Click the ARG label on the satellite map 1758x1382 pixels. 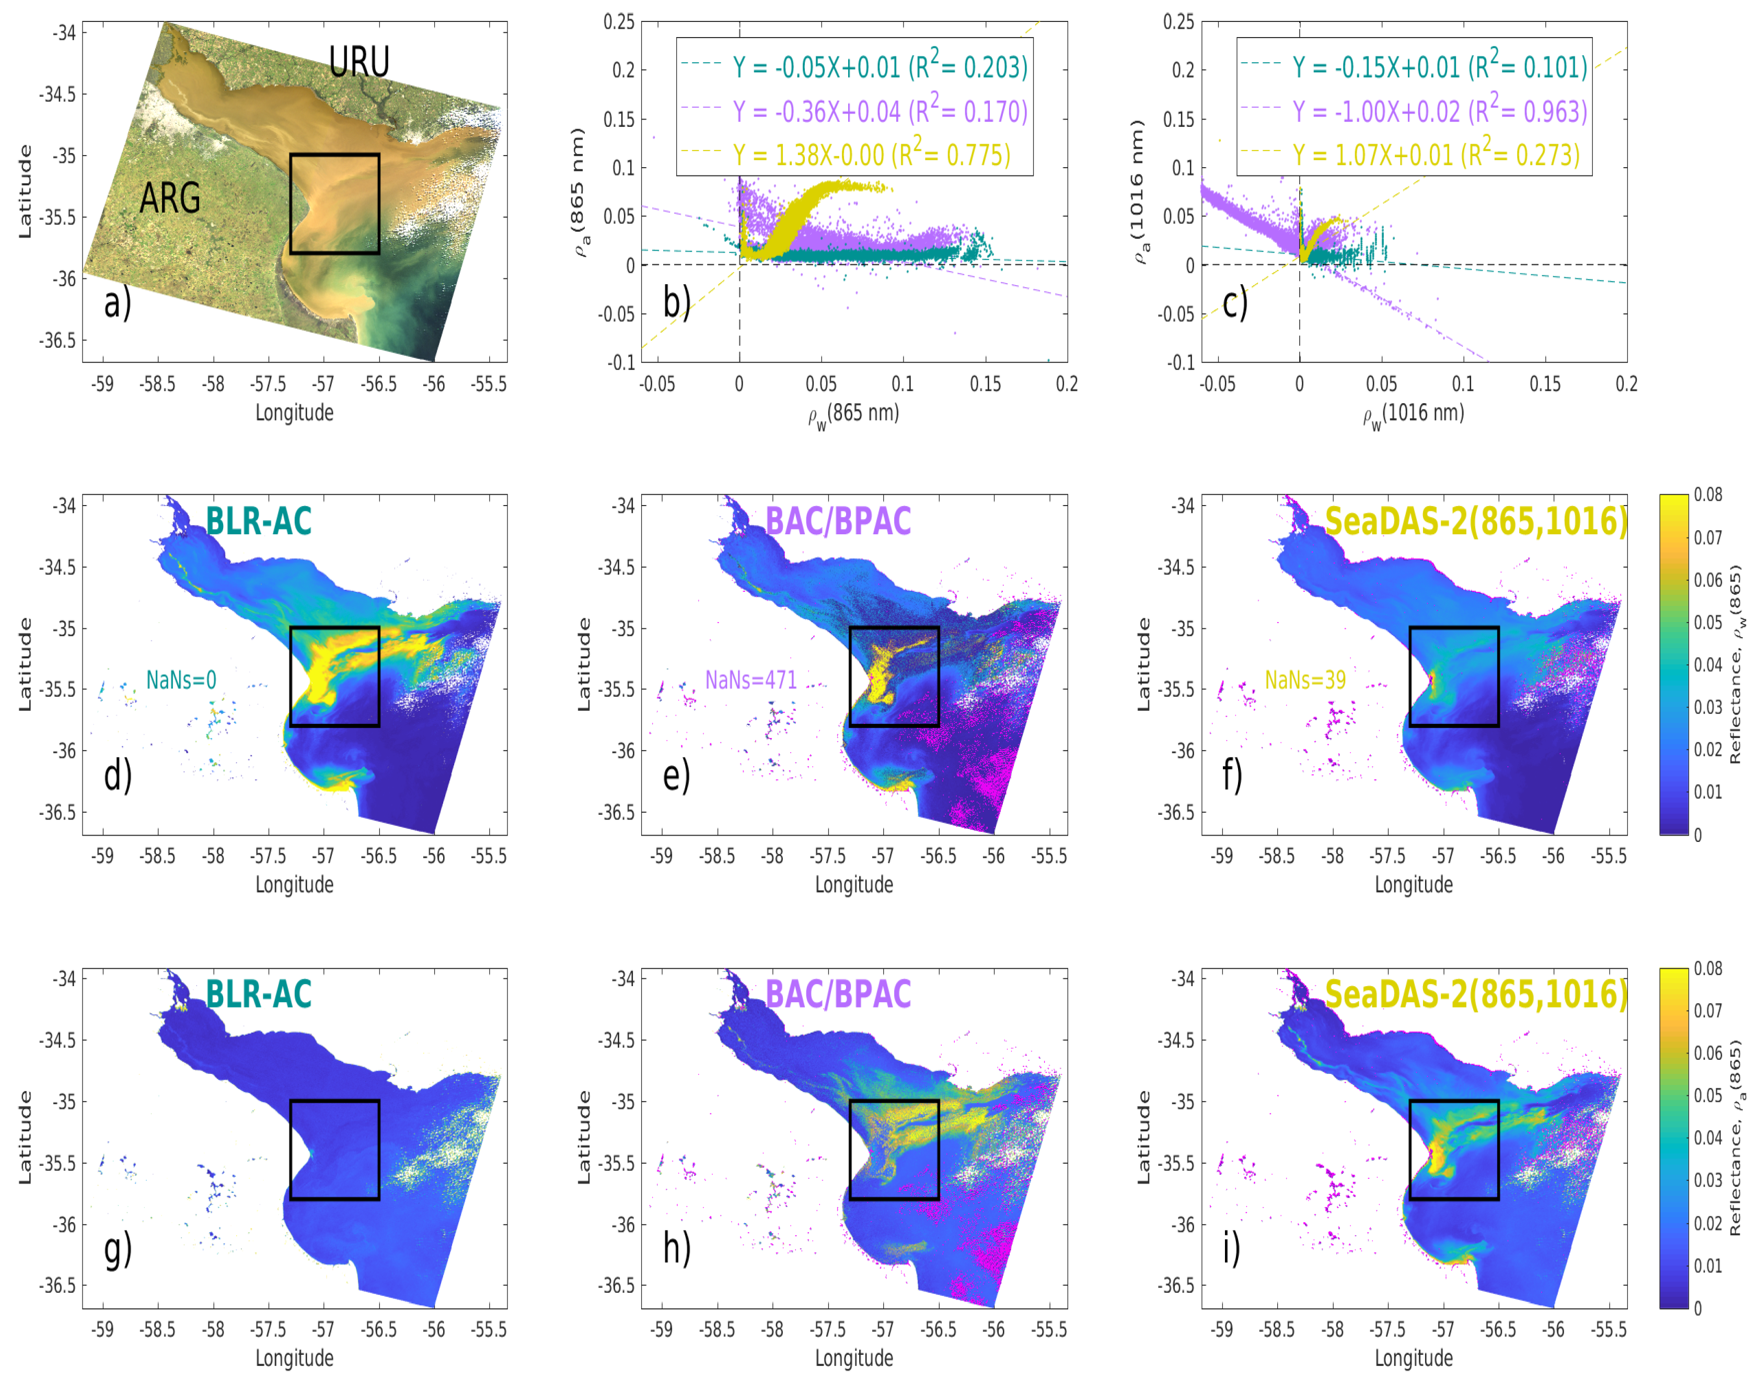coord(170,198)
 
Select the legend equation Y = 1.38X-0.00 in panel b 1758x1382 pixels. coord(872,155)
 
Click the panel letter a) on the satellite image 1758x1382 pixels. coord(118,303)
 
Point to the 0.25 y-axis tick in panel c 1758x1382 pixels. coord(1178,22)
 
